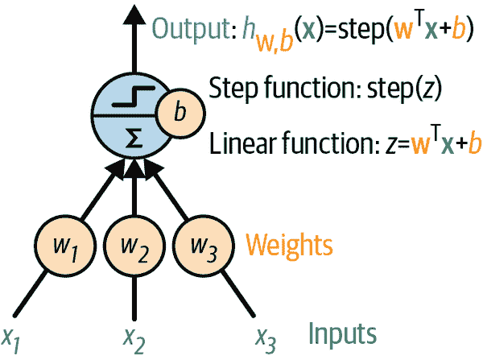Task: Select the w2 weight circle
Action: (x=133, y=242)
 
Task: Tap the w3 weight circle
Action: (x=198, y=242)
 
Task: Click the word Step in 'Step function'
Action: (x=229, y=88)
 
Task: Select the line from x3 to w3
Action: (x=233, y=292)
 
